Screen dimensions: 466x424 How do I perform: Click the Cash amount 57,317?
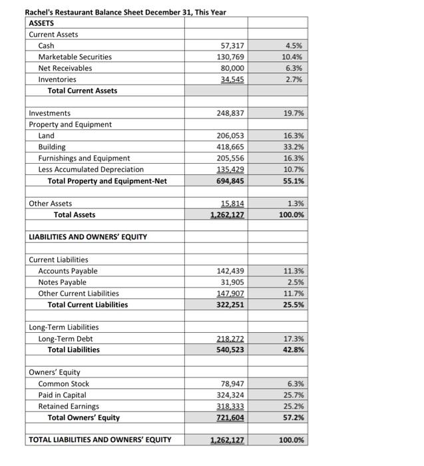pos(232,45)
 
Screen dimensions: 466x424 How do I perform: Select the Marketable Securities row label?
pos(75,57)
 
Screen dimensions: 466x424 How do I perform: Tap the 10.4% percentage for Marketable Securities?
pos(294,57)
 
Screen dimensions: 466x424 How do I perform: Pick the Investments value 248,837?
pos(230,113)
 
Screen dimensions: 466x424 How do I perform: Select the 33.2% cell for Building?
pos(294,146)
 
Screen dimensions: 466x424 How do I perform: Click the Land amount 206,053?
pos(230,135)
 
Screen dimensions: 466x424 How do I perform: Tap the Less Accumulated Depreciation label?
pos(91,169)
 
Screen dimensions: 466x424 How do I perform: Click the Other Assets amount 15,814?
pos(232,203)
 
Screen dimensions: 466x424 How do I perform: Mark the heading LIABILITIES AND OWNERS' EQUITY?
pos(88,237)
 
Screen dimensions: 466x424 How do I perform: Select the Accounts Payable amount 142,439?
pos(230,271)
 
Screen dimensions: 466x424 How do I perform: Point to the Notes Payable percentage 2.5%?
pos(296,282)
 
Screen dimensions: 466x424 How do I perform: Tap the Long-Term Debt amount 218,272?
pos(230,339)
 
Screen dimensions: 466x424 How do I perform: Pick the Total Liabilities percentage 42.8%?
pos(294,349)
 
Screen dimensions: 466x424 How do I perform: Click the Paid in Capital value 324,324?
pos(230,395)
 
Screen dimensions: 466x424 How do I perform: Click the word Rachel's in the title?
pos(41,12)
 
